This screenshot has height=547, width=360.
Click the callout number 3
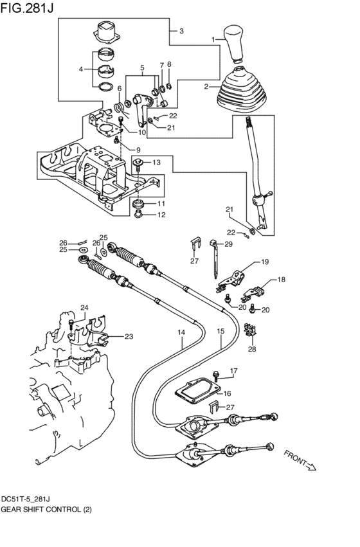pos(181,31)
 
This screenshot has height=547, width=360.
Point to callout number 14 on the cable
pos(181,332)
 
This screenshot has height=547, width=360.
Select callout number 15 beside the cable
pos(220,332)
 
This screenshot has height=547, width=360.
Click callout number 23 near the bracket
pos(128,336)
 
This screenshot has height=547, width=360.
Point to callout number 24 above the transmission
pos(84,307)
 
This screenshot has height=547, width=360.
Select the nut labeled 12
pos(138,215)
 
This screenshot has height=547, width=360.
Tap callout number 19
pos(264,262)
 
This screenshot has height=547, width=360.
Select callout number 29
pos(228,244)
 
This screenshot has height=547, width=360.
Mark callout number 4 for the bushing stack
pos(81,69)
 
